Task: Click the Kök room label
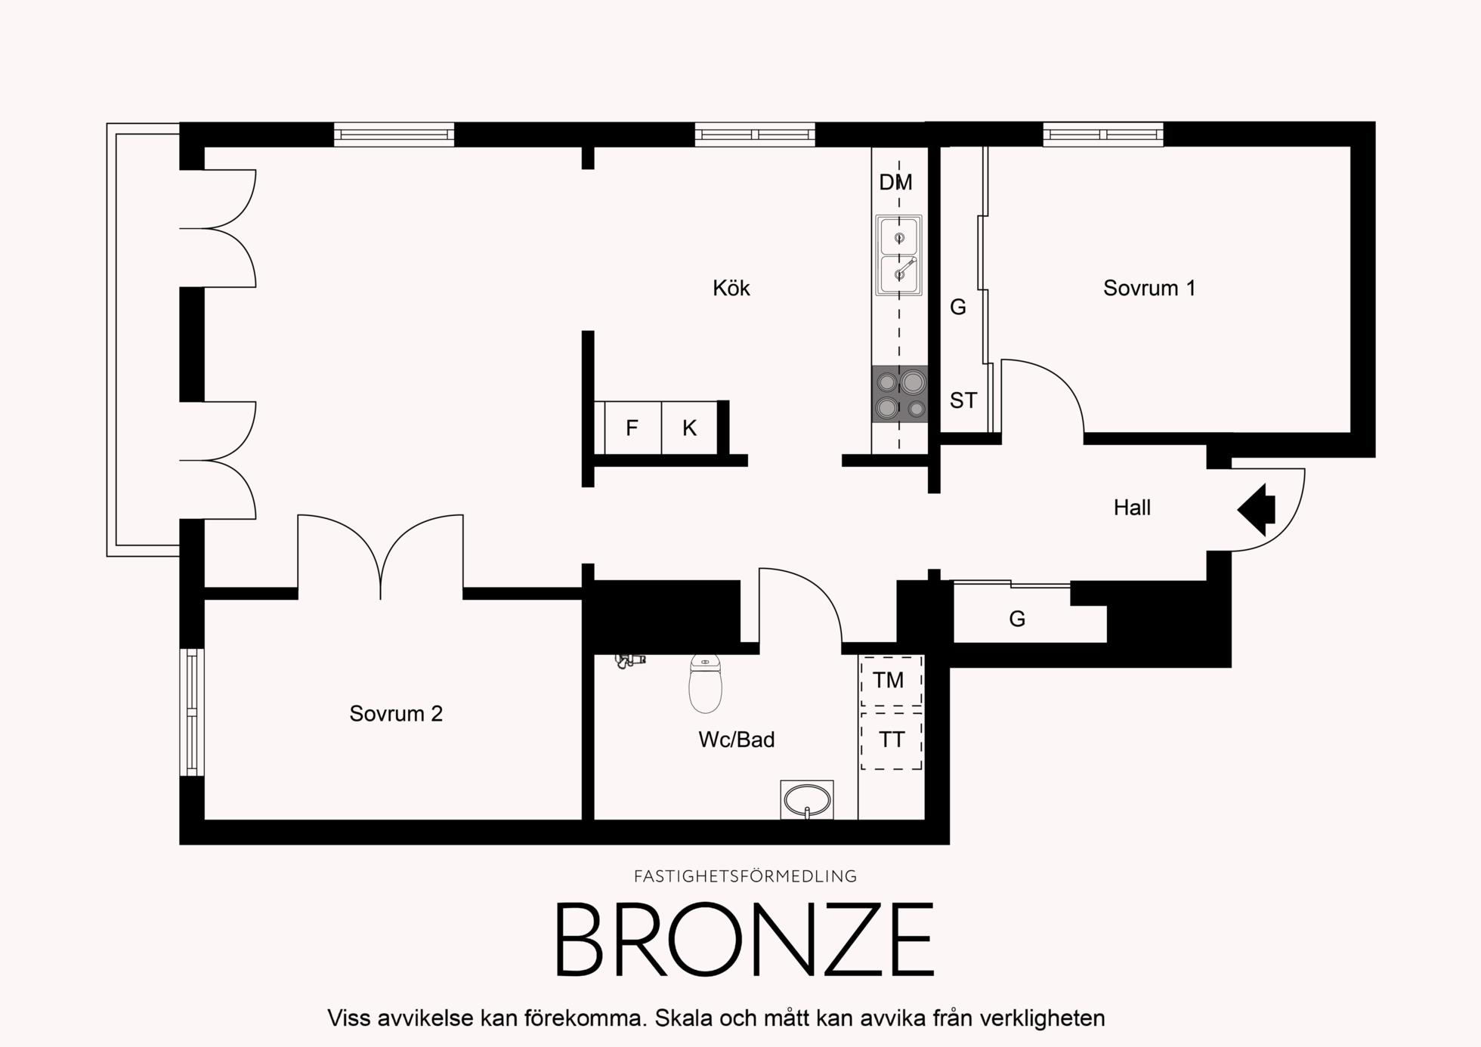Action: [x=731, y=288]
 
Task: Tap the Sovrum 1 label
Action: [x=1149, y=288]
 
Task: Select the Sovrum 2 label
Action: [x=396, y=713]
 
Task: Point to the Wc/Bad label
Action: [x=736, y=739]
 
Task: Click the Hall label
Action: [x=1132, y=508]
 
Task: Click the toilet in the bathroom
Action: [x=705, y=683]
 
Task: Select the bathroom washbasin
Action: [x=806, y=799]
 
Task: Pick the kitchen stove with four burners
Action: [x=899, y=394]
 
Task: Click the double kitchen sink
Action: [x=898, y=255]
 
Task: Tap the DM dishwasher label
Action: [x=895, y=182]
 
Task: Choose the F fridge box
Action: [x=632, y=428]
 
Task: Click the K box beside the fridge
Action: [x=689, y=428]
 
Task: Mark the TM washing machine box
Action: [x=891, y=681]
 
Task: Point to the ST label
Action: [x=963, y=400]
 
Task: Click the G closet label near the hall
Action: [x=1017, y=619]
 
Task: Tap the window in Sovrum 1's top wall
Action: [x=1103, y=134]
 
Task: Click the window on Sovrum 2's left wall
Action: [x=192, y=712]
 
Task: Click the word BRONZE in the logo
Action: [x=745, y=939]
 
